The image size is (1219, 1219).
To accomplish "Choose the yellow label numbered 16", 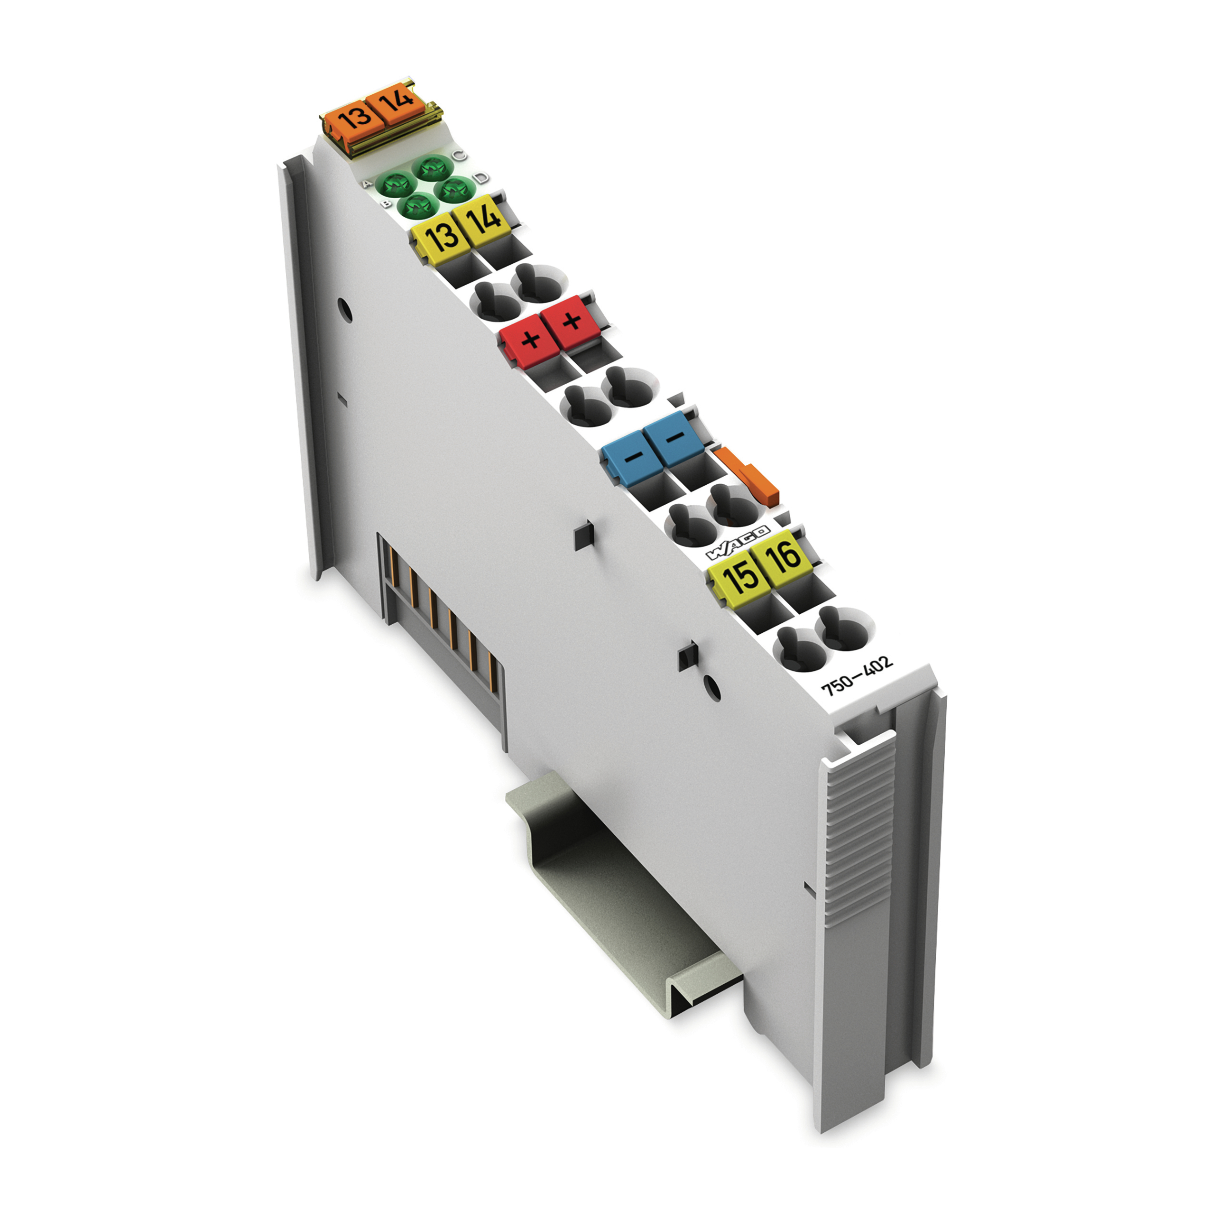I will (x=782, y=555).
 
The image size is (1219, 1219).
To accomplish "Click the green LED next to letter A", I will (x=395, y=185).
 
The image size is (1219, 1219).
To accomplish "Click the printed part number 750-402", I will (x=856, y=674).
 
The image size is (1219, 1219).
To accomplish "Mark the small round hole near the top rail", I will (x=344, y=309).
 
